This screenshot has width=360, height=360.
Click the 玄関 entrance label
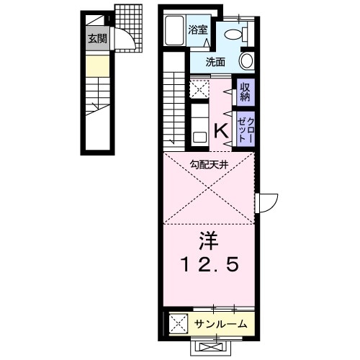tap(96, 40)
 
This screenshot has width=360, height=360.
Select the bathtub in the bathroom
tap(175, 34)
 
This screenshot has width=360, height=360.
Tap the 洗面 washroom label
tap(215, 62)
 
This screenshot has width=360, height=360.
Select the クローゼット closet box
tap(245, 129)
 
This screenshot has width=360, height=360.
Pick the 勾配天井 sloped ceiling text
tap(209, 164)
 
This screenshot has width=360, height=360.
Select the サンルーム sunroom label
tap(221, 324)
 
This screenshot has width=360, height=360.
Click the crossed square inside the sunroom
tap(177, 323)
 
